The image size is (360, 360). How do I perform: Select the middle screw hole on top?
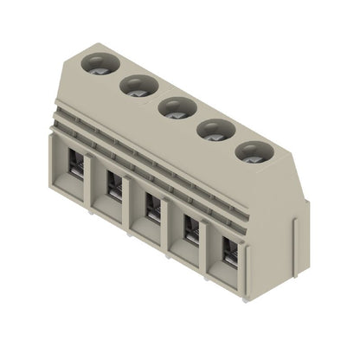click(x=176, y=108)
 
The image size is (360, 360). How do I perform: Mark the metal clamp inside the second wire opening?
click(x=114, y=185)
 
